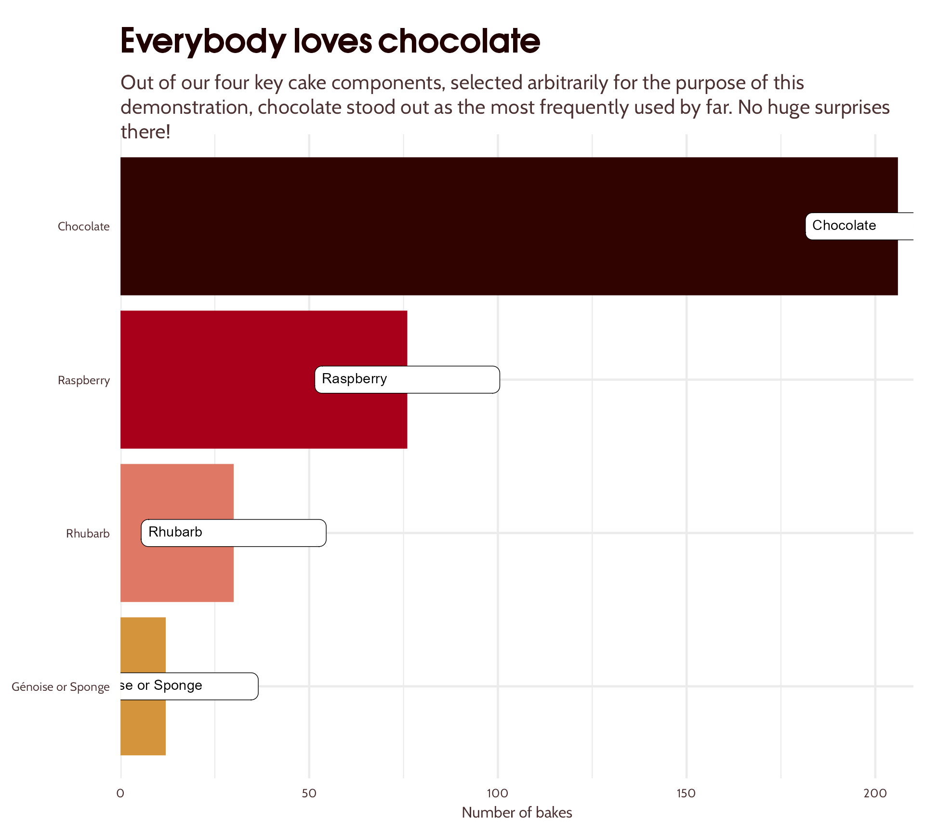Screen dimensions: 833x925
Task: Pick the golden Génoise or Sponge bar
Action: (143, 723)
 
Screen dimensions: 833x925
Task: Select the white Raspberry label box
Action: (407, 379)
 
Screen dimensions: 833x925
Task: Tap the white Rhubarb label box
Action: (234, 533)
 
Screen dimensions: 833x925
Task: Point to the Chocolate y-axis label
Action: (84, 227)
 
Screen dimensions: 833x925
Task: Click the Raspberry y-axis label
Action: (84, 380)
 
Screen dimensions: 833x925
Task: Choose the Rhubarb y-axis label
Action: (88, 534)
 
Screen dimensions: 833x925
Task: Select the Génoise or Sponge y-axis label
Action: (61, 687)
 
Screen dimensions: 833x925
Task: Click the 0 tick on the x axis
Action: (120, 793)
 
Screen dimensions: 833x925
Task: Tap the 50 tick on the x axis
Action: (309, 793)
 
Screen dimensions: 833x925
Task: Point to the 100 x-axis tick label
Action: (497, 793)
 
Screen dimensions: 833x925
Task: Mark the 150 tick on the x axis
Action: (686, 793)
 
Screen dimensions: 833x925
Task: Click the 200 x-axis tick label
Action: (875, 793)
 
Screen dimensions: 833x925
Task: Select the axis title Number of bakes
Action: (516, 813)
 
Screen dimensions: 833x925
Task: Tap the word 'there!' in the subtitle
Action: (145, 132)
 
